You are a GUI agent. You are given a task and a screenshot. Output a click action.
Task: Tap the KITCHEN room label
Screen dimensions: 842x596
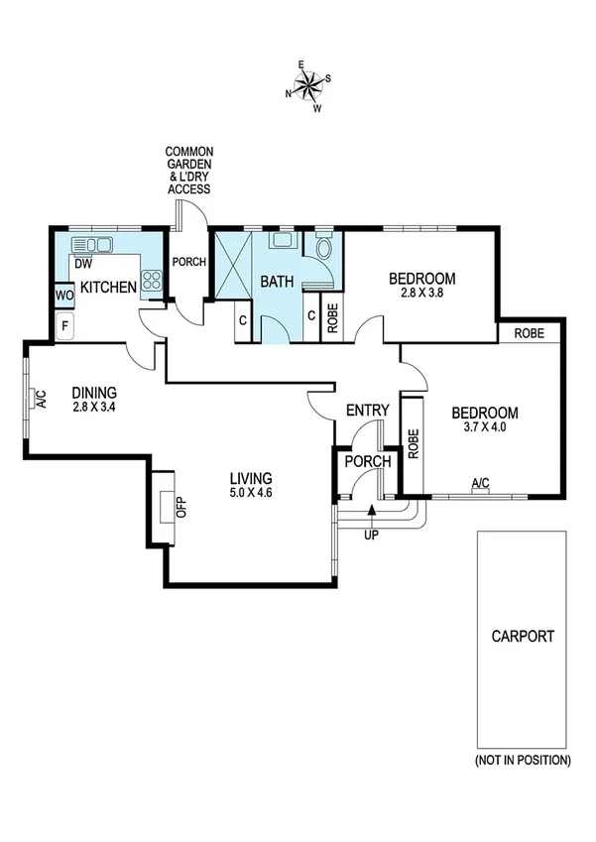[x=107, y=288]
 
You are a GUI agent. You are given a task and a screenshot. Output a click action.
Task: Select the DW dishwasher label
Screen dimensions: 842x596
[x=83, y=265]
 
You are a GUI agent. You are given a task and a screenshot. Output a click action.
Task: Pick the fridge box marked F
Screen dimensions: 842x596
[x=65, y=324]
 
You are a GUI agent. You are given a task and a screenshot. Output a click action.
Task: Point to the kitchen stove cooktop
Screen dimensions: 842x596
[x=152, y=282]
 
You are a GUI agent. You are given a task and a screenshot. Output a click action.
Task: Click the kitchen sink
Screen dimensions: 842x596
[x=98, y=244]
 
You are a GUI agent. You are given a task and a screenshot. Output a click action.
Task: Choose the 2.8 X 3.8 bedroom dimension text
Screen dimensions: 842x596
[x=421, y=295]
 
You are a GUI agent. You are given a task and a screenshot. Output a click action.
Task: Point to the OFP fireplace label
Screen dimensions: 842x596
[x=181, y=507]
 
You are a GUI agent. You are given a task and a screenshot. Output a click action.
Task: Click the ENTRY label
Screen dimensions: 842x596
[x=366, y=411]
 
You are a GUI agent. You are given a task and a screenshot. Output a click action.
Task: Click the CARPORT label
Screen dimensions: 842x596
[x=523, y=637]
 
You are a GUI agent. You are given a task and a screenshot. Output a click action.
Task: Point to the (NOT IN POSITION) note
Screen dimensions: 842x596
[x=523, y=761]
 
